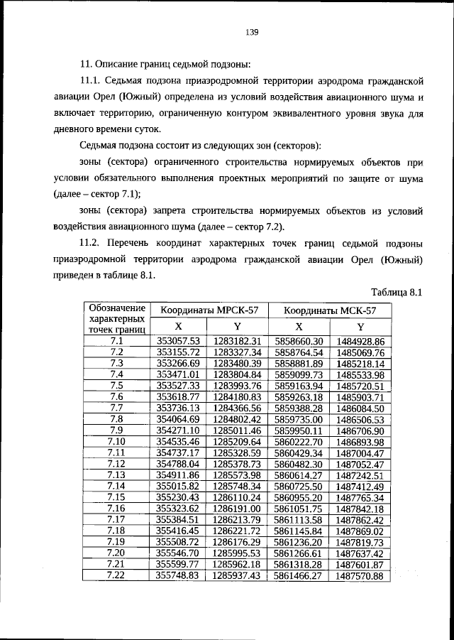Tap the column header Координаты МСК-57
pyautogui.click(x=330, y=310)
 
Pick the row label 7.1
pyautogui.click(x=117, y=341)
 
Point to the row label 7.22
pyautogui.click(x=117, y=575)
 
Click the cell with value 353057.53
pyautogui.click(x=179, y=341)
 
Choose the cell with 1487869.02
pyautogui.click(x=360, y=531)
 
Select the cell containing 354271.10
pyautogui.click(x=179, y=430)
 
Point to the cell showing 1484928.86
pyautogui.click(x=360, y=341)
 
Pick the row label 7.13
pyautogui.click(x=117, y=475)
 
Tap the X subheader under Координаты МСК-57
pyautogui.click(x=299, y=326)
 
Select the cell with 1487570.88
pyautogui.click(x=360, y=575)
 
